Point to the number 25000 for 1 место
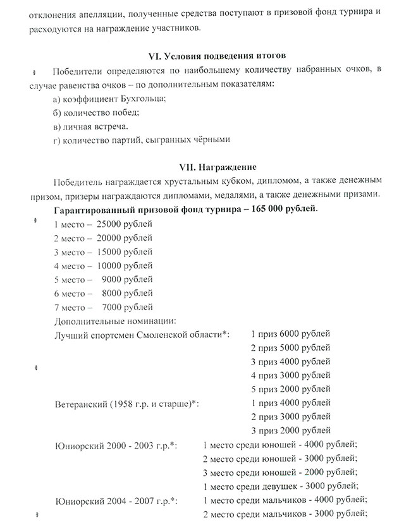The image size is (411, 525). pos(111,224)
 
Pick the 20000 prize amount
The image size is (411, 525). pos(111,238)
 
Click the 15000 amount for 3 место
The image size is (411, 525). pos(111,251)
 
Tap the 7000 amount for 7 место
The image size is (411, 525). pos(113,307)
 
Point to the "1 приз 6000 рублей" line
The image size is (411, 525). pos(290,334)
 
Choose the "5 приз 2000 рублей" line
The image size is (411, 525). pos(290,389)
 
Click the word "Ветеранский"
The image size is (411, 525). pos(82,404)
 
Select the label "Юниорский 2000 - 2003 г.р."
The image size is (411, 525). pos(115,446)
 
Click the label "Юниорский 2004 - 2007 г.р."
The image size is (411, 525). pos(115,501)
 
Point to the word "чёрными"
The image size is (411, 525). pos(210,140)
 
